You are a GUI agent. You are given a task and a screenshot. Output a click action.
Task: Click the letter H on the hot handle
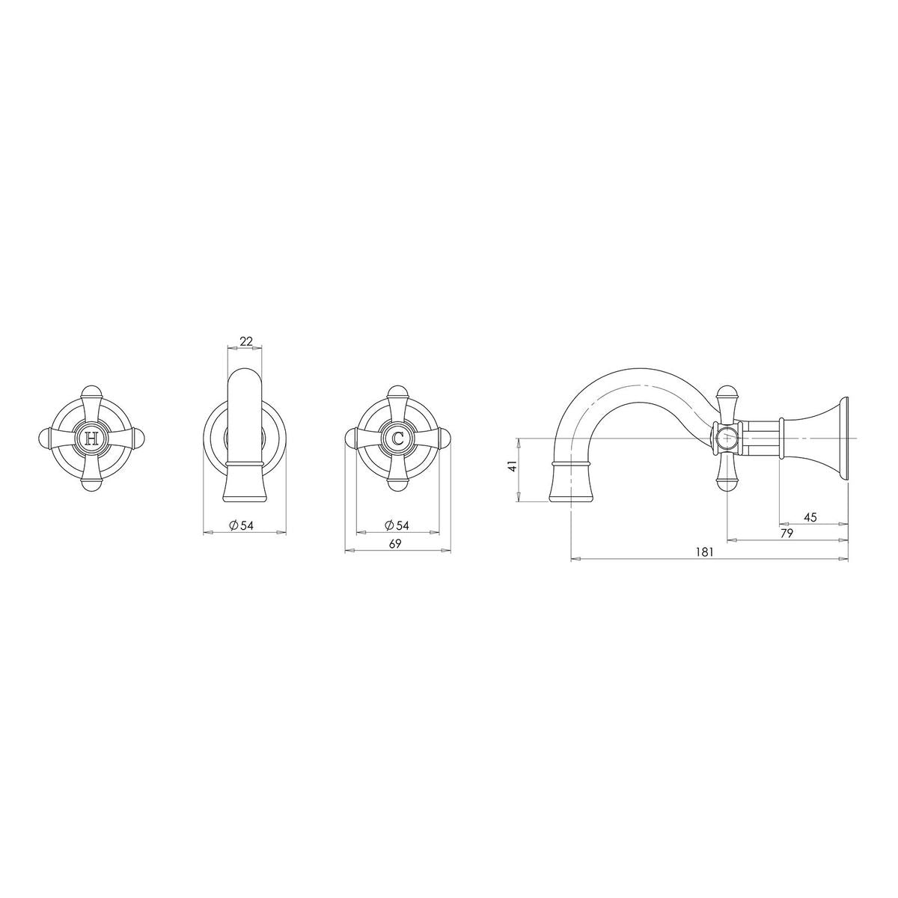click(91, 438)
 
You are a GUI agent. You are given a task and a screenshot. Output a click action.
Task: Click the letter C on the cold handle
click(397, 438)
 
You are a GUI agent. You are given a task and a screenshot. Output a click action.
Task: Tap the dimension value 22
click(246, 341)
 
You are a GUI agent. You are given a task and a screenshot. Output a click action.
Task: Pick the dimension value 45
click(810, 517)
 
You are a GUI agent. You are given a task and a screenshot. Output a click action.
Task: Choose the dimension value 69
click(395, 544)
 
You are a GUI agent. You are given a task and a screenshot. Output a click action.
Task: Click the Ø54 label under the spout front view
click(242, 525)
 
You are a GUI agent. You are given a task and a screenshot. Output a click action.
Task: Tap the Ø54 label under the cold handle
click(397, 525)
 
